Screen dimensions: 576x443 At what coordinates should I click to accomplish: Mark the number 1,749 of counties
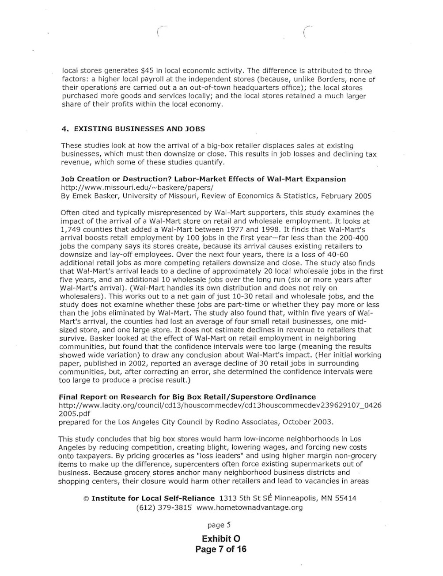tap(69, 229)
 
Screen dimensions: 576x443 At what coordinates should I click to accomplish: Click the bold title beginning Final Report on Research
tap(188, 397)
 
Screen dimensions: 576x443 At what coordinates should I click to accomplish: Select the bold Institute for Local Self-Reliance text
tap(153, 499)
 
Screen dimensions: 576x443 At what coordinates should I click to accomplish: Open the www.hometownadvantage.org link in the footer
tap(250, 507)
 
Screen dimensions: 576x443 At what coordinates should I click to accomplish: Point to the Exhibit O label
tap(221, 539)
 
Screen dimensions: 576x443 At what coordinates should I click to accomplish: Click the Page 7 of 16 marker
tap(221, 549)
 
